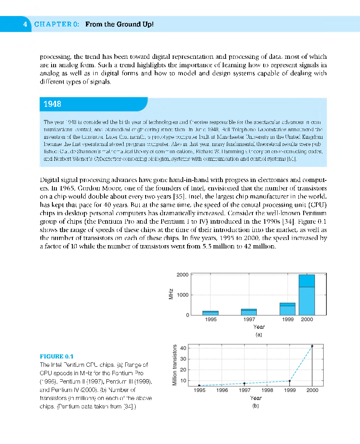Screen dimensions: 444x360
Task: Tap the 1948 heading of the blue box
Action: pos(52,104)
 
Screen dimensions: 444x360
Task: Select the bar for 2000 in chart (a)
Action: pos(306,295)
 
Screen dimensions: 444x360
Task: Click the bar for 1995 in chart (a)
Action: pos(210,313)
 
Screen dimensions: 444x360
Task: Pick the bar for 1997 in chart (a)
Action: pos(249,312)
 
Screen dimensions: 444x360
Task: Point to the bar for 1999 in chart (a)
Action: pos(287,309)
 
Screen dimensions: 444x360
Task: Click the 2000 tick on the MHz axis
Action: pos(182,275)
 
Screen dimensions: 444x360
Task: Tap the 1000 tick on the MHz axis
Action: pos(182,295)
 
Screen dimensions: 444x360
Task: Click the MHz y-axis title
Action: pos(170,295)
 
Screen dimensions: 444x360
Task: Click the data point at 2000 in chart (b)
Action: pos(312,346)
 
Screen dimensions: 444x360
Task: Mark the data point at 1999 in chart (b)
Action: pos(289,381)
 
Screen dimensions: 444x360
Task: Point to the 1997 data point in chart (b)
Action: pos(244,383)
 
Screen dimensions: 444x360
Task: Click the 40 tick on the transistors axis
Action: pos(183,348)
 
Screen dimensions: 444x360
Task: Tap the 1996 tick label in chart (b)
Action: pos(222,390)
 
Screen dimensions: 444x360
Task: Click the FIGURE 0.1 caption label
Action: pos(57,356)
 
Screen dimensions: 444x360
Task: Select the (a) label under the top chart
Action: pos(258,334)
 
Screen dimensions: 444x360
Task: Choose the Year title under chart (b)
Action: pos(256,398)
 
